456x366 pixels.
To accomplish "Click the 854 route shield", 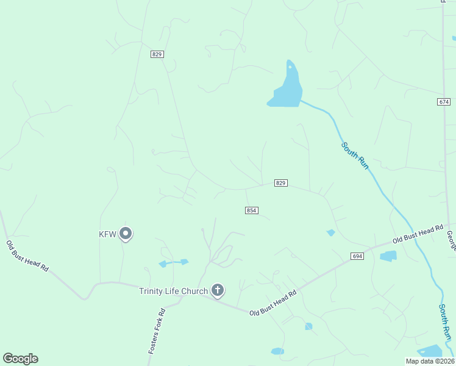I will [252, 210].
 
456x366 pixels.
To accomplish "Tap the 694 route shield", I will [357, 256].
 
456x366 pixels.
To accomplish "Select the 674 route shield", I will [444, 101].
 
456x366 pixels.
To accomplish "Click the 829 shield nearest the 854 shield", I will [280, 183].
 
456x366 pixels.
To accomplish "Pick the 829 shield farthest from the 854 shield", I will [157, 54].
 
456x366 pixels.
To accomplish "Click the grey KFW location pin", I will [126, 233].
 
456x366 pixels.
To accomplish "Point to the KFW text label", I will [107, 234].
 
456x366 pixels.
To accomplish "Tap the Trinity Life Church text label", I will [173, 291].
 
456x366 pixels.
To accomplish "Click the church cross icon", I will [218, 290].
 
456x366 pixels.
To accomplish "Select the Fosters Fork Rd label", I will [157, 332].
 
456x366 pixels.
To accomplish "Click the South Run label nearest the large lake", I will [355, 156].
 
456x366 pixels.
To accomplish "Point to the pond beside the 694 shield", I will [388, 256].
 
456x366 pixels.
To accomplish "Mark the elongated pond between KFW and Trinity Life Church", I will [174, 263].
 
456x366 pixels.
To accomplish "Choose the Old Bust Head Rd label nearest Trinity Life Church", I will [273, 303].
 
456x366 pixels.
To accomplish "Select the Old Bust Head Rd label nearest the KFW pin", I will [27, 256].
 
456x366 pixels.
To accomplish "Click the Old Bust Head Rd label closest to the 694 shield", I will [418, 234].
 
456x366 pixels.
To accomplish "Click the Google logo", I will [20, 359].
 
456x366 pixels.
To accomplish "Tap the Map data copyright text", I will [430, 361].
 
